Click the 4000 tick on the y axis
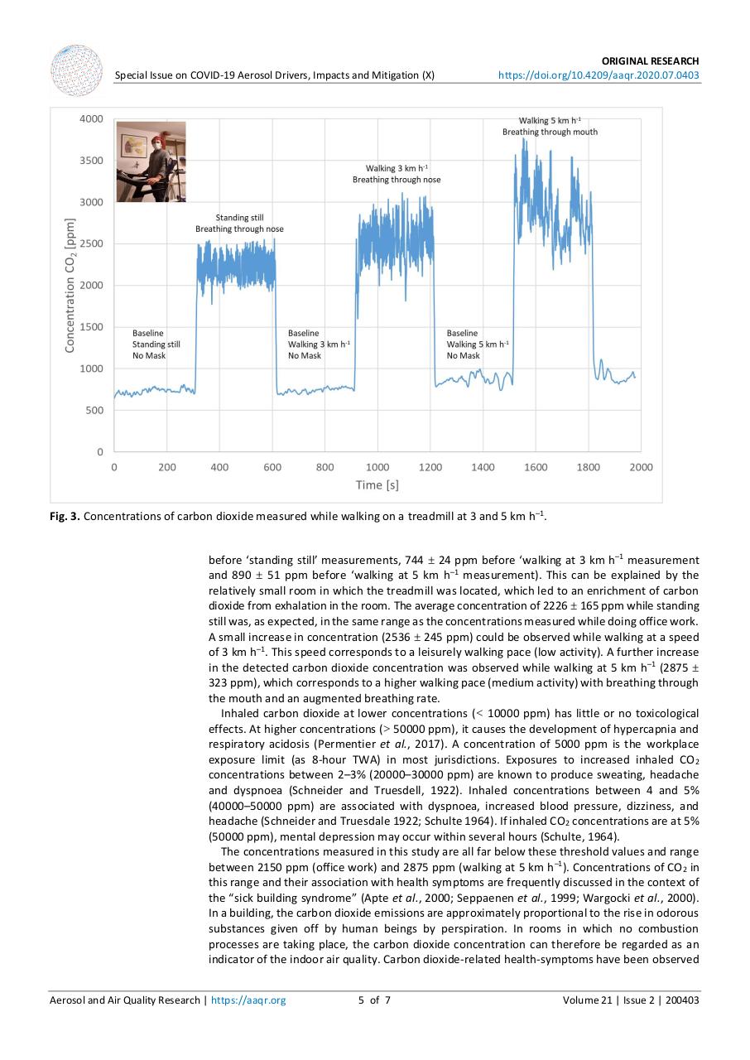point(91,118)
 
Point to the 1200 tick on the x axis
point(430,467)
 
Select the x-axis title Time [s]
point(377,484)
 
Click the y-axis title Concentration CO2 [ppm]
point(71,285)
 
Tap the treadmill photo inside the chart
point(151,162)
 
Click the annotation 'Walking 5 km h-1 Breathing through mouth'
point(550,126)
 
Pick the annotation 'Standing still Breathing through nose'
point(239,224)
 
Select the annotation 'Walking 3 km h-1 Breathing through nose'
point(397,174)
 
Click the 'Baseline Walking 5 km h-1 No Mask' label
point(478,344)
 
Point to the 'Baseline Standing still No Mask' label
point(156,344)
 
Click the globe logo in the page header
point(77,70)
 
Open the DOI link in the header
point(598,75)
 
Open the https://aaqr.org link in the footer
point(248,1000)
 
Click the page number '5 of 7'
point(374,1000)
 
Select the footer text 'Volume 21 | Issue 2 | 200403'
point(631,1000)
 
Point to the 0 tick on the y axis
point(99,452)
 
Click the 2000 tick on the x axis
point(641,467)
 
